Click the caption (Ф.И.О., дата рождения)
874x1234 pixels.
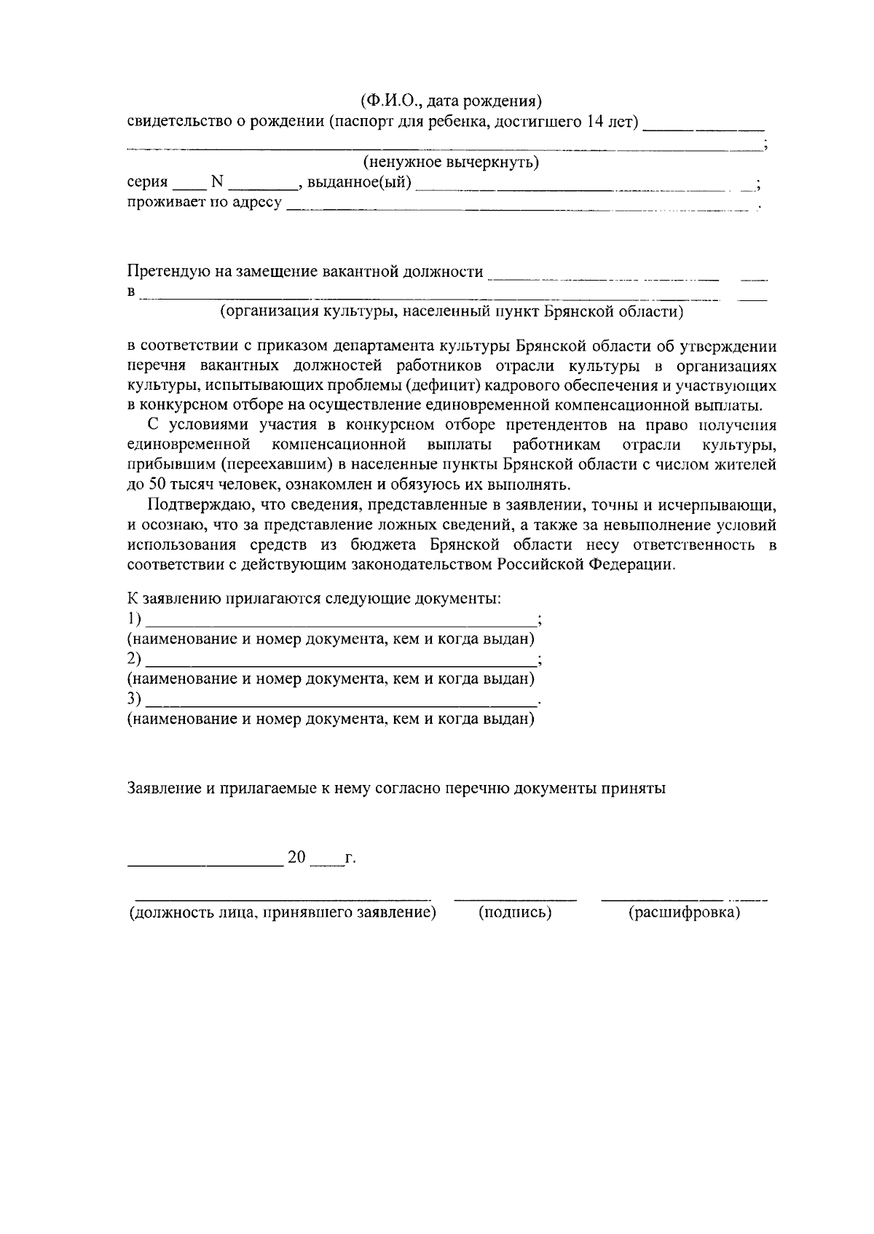point(451,100)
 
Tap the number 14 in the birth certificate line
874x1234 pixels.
point(596,121)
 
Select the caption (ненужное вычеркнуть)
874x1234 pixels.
point(451,162)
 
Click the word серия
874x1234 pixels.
point(147,182)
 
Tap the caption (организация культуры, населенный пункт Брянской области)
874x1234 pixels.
point(452,313)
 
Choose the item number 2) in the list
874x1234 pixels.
point(134,659)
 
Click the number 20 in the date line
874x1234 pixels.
point(297,857)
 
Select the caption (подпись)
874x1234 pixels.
point(515,913)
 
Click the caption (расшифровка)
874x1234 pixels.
point(684,913)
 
